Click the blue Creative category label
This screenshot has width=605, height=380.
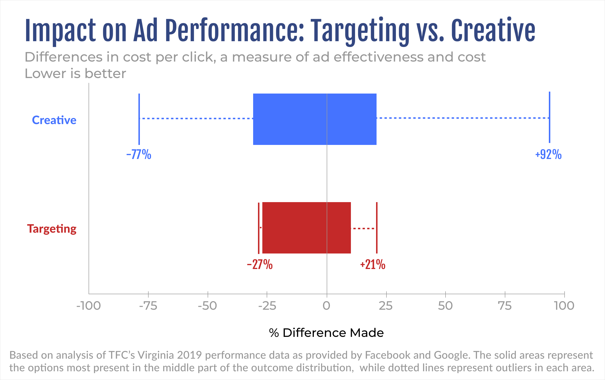click(x=54, y=120)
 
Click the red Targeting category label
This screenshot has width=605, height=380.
click(x=52, y=229)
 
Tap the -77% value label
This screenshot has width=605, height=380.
click(x=139, y=154)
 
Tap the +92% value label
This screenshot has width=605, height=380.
click(x=548, y=154)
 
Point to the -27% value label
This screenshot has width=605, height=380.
click(x=260, y=264)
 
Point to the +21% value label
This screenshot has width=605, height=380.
click(x=373, y=264)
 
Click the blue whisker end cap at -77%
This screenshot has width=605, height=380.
click(x=139, y=119)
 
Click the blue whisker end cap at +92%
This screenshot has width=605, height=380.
click(x=550, y=117)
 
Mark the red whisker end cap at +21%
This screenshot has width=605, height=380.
click(x=377, y=228)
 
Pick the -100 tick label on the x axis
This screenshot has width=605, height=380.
click(x=89, y=306)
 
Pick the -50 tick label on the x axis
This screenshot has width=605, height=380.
click(x=208, y=306)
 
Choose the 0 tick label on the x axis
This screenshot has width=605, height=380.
click(x=326, y=306)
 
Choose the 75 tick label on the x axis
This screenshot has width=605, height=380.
click(x=505, y=306)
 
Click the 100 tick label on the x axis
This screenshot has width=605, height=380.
click(x=564, y=306)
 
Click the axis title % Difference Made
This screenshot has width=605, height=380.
click(x=326, y=333)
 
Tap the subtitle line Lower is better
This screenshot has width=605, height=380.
click(x=75, y=74)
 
